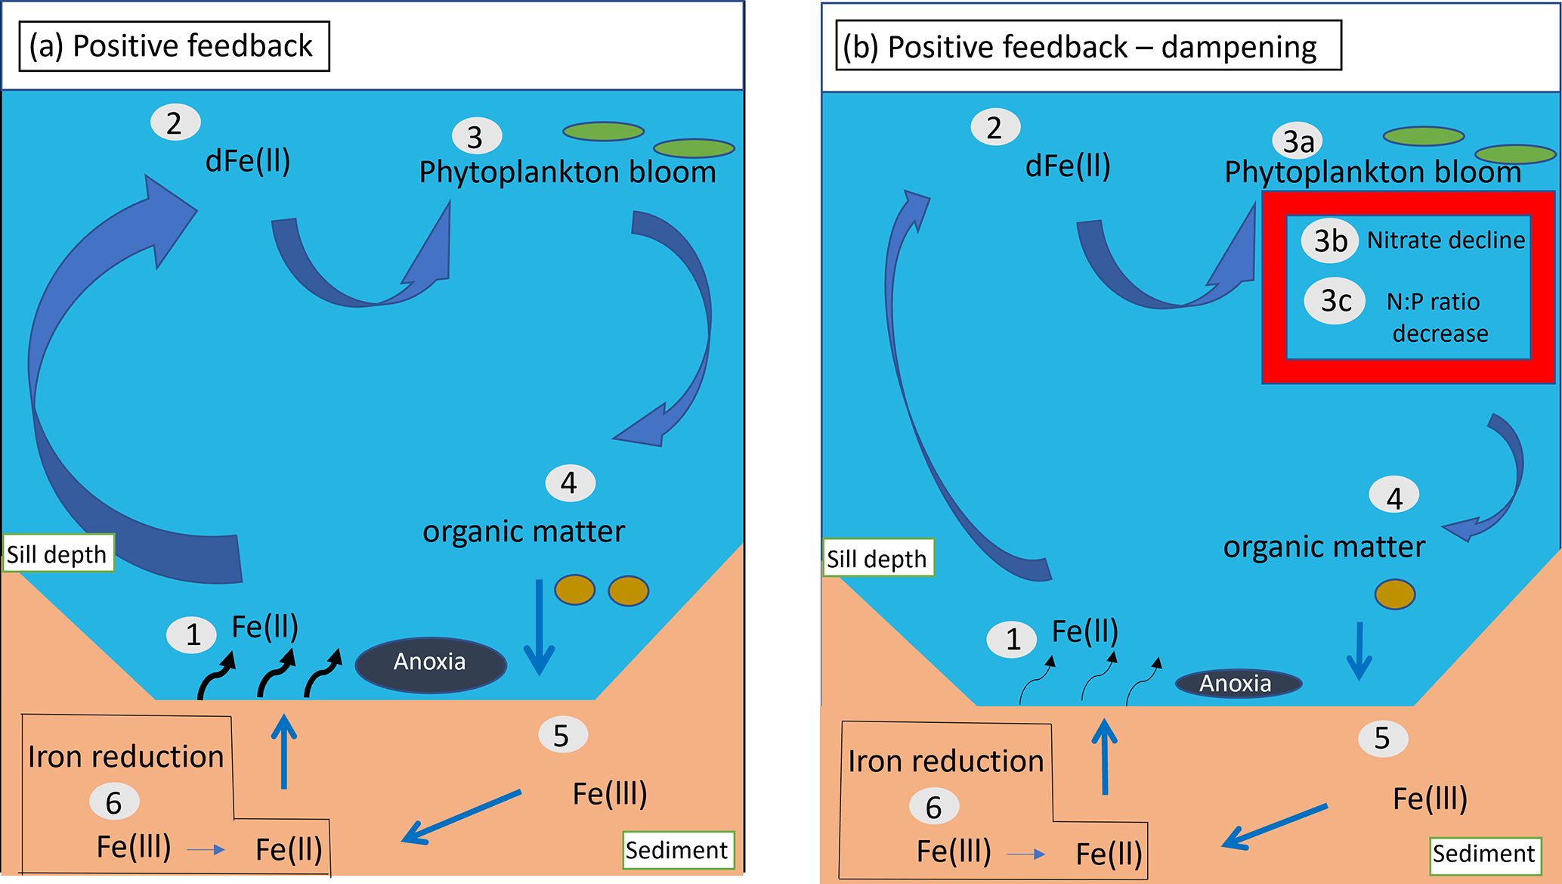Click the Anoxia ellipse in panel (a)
click(431, 664)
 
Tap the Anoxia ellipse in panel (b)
click(1238, 684)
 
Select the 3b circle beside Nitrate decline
click(1329, 240)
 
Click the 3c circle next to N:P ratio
click(1335, 301)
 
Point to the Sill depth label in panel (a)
click(58, 554)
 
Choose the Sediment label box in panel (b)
click(1484, 855)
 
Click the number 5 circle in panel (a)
click(562, 736)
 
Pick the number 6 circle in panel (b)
click(934, 808)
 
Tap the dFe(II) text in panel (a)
click(248, 161)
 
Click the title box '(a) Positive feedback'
click(174, 46)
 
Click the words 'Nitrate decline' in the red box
click(1446, 240)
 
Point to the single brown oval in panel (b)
click(1394, 594)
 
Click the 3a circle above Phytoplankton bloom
click(1298, 141)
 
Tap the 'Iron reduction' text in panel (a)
click(125, 757)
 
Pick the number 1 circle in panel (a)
click(192, 634)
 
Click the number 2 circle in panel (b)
click(994, 128)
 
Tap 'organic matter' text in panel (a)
click(524, 532)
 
